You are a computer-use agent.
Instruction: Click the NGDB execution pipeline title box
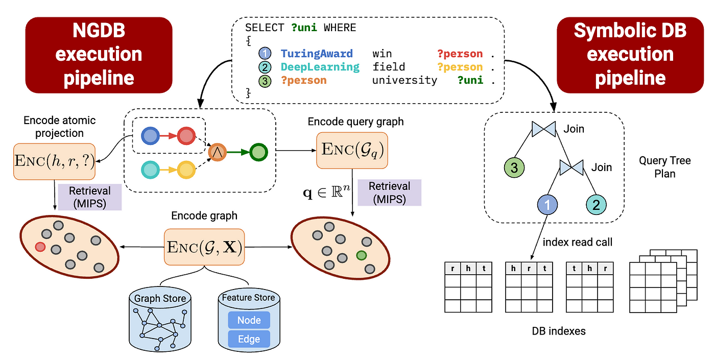pos(99,55)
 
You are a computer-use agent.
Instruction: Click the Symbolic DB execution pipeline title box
pos(630,55)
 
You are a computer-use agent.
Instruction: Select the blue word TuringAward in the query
pos(317,54)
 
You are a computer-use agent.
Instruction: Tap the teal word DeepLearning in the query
pos(320,67)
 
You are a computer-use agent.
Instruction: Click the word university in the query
pos(404,80)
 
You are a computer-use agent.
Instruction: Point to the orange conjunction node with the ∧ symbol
pos(218,152)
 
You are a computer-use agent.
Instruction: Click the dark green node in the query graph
pos(258,152)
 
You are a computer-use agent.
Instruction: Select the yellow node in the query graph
pos(186,170)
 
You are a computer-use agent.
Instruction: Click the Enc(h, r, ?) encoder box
pos(54,161)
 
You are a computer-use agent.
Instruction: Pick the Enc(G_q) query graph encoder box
pos(352,150)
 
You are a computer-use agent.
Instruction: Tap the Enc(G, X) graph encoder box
pos(204,247)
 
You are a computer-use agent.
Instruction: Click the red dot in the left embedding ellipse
pos(40,247)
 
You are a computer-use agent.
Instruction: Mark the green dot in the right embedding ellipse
pos(362,255)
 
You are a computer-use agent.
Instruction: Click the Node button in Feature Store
pos(249,320)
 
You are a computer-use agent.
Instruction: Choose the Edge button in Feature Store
pos(249,339)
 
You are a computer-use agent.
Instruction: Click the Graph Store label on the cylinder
pos(160,298)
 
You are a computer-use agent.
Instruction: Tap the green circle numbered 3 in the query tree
pos(514,167)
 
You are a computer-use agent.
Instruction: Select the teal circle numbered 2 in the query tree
pos(596,205)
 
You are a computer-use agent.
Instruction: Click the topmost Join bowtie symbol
pos(543,129)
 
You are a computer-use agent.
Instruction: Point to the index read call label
pos(578,242)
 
